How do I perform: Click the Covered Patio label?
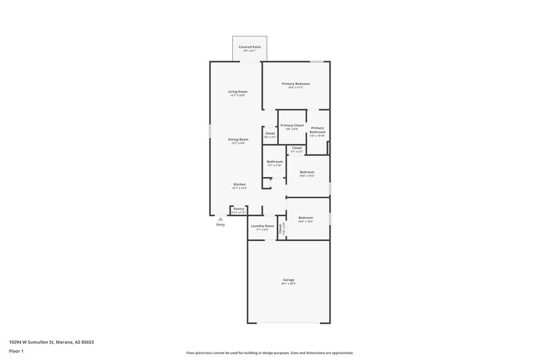[250, 47]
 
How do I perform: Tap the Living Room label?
[238, 91]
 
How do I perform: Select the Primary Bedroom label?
[296, 84]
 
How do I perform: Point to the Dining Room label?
[238, 139]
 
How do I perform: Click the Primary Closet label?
[292, 125]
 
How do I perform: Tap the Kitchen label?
[239, 184]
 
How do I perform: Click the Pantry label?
[238, 209]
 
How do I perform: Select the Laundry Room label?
[262, 226]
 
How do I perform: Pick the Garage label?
[288, 280]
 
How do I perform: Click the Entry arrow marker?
[220, 218]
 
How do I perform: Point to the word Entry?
[220, 224]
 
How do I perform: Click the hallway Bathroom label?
[275, 161]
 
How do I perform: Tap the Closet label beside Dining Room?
[270, 133]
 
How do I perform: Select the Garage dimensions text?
[288, 284]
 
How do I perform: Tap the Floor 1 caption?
[17, 351]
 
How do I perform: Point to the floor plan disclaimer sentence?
[269, 353]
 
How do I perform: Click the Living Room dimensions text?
[238, 95]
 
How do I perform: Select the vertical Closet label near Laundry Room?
[280, 228]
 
